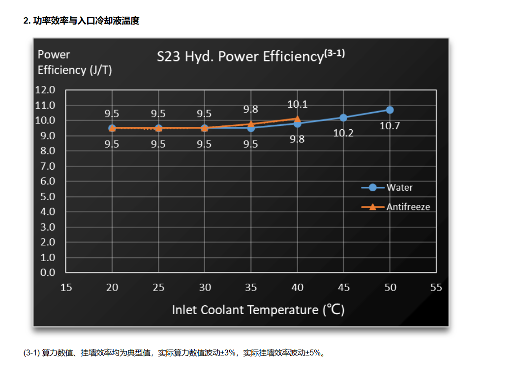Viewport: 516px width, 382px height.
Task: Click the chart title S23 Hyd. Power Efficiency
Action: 250,56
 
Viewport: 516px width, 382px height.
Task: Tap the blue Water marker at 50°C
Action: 390,110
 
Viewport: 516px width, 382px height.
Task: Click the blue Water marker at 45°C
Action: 343,118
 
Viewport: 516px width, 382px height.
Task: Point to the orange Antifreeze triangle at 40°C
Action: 297,118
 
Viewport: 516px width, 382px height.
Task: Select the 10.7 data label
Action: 390,126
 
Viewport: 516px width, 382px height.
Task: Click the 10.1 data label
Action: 297,104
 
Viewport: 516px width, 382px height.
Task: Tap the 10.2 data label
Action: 343,133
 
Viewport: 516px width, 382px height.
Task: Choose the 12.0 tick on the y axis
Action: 45,90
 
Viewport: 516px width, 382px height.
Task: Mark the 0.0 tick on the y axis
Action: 45,272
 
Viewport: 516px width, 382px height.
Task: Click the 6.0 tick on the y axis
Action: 45,181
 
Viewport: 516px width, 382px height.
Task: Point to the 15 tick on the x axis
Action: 66,288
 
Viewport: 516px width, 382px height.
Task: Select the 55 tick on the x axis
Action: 436,288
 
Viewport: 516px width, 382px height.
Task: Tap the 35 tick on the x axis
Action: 251,288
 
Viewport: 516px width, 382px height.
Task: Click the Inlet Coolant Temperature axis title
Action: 258,310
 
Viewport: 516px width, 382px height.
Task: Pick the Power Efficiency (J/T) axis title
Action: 75,62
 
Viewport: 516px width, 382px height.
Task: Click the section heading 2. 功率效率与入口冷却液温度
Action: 81,21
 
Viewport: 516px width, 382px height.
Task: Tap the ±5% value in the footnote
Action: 313,353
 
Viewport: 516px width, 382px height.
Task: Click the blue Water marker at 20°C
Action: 112,128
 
